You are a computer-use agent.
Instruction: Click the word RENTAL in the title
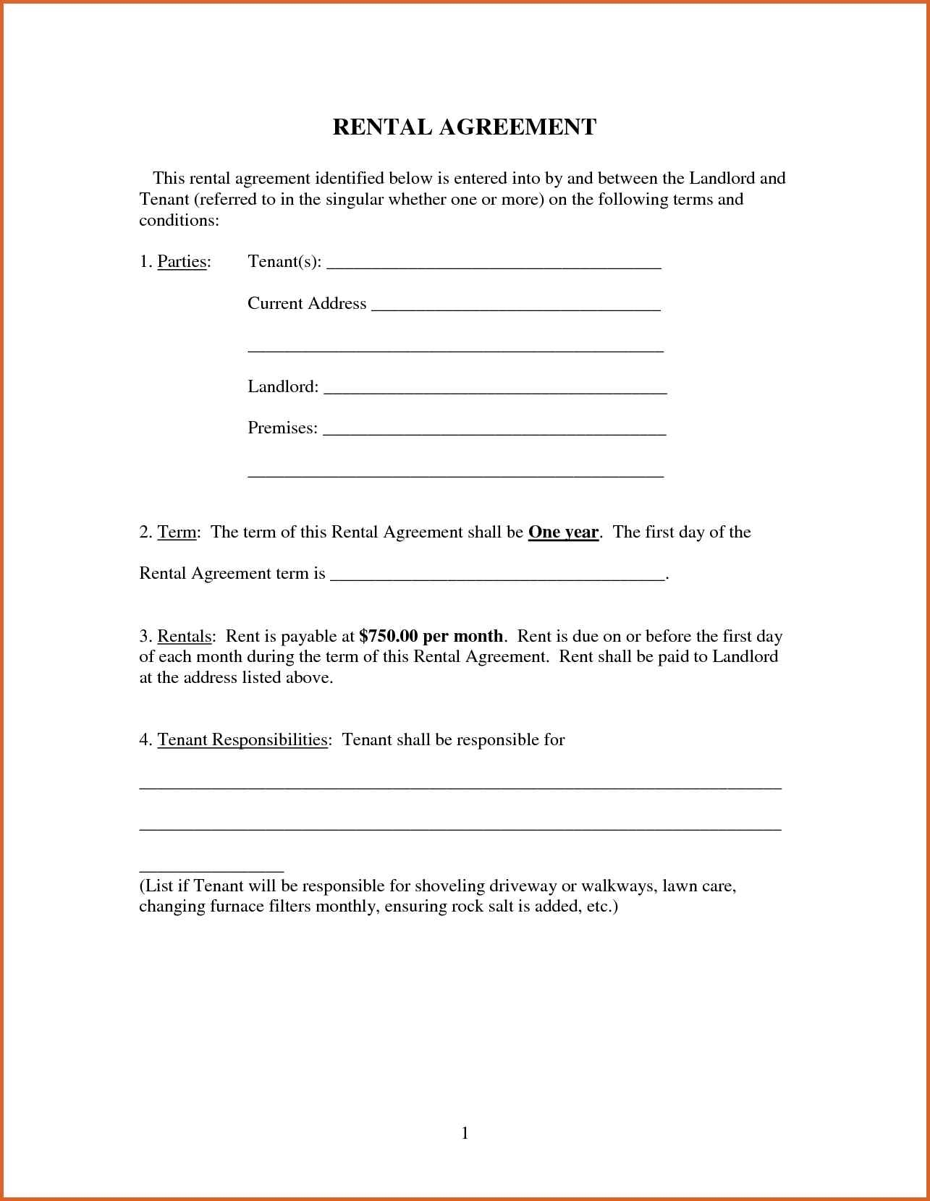tap(382, 127)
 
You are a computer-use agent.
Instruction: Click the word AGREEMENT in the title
tap(517, 127)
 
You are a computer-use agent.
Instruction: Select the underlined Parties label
tap(182, 261)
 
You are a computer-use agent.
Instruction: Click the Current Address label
tap(307, 303)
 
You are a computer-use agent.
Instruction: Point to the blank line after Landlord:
tap(494, 390)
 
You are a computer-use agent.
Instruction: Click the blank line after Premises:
tap(494, 432)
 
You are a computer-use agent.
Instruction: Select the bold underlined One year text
tap(563, 532)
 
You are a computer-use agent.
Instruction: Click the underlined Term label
tap(177, 532)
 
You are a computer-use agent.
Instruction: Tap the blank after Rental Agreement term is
tap(497, 577)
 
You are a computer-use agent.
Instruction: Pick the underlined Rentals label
tap(185, 637)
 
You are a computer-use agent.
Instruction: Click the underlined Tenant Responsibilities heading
tap(242, 740)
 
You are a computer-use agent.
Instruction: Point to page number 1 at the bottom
tap(465, 1133)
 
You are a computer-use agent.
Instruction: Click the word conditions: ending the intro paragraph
tap(179, 221)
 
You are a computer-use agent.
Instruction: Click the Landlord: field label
tap(283, 387)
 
